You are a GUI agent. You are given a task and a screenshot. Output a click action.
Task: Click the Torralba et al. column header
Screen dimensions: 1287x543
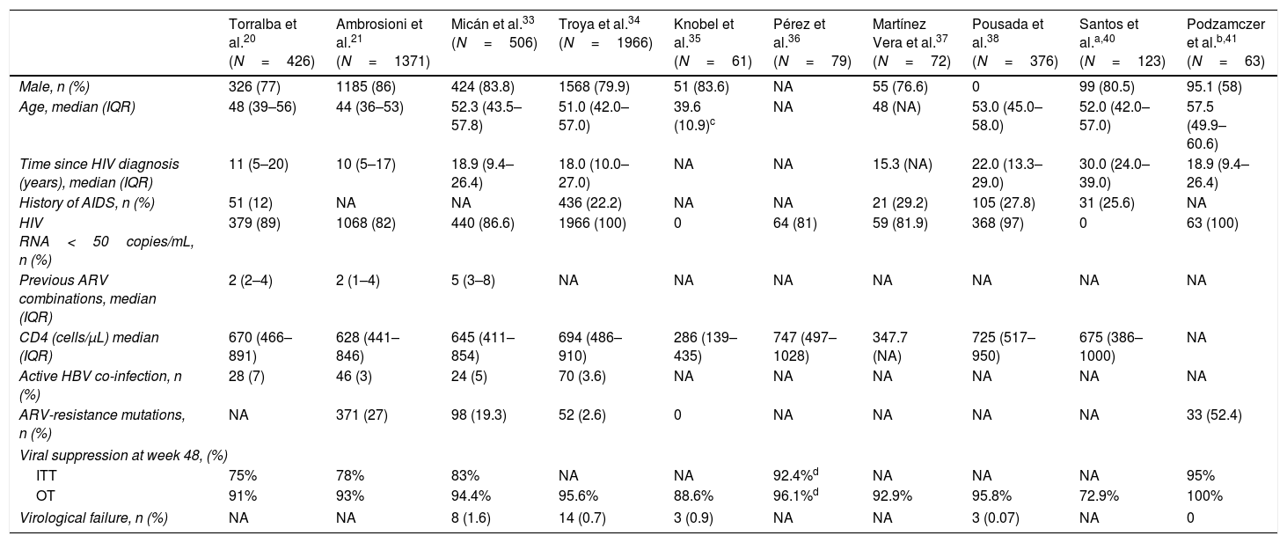(x=272, y=42)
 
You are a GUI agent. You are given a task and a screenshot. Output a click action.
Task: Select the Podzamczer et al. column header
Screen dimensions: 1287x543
(x=1226, y=42)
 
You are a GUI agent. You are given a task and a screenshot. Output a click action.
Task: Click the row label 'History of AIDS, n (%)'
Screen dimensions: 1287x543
(x=87, y=202)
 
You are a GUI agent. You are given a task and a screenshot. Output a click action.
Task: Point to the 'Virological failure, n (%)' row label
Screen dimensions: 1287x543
(x=93, y=518)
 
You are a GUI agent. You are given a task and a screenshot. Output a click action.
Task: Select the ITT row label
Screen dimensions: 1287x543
(x=46, y=476)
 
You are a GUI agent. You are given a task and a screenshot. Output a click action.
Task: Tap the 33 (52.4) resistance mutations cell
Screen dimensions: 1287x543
(x=1215, y=415)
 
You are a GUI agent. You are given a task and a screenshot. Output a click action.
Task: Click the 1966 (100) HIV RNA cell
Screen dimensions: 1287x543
(x=592, y=223)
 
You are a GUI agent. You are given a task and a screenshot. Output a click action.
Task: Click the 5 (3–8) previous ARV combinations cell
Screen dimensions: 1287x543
(x=473, y=280)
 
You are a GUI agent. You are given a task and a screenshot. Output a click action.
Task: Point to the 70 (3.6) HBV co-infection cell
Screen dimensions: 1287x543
(x=582, y=377)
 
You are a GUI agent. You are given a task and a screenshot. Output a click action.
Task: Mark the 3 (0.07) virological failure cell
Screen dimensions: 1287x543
(x=996, y=518)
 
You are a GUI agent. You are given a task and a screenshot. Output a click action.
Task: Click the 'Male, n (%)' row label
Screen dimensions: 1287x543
(x=55, y=87)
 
